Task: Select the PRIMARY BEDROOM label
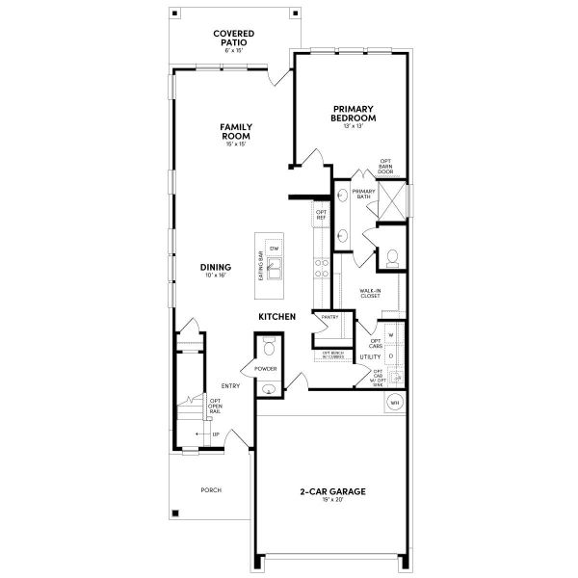353,113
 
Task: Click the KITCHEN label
276,316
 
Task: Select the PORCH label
211,489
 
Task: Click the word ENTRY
230,386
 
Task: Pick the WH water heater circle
394,403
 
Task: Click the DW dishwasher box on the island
274,248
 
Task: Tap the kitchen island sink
275,269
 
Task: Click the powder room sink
268,389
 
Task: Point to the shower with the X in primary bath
392,202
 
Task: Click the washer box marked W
392,335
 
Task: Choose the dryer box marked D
392,356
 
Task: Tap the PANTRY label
329,317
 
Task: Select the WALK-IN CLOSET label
370,293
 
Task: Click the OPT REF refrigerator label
322,215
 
